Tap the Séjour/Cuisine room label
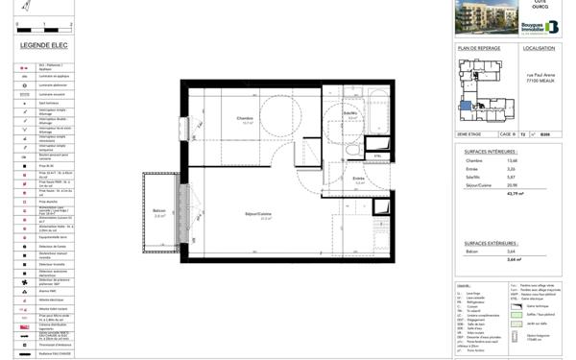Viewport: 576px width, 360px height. (257, 215)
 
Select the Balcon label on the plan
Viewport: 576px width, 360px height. (159, 212)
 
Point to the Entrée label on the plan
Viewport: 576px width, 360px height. (358, 180)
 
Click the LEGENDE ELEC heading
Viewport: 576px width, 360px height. (41, 45)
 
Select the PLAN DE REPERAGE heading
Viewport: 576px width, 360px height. (479, 48)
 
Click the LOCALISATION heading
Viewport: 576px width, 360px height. (539, 48)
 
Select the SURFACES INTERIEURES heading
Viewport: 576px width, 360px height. (491, 152)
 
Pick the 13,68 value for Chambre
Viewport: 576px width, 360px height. (539, 160)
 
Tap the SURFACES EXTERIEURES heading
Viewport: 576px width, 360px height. (491, 243)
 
